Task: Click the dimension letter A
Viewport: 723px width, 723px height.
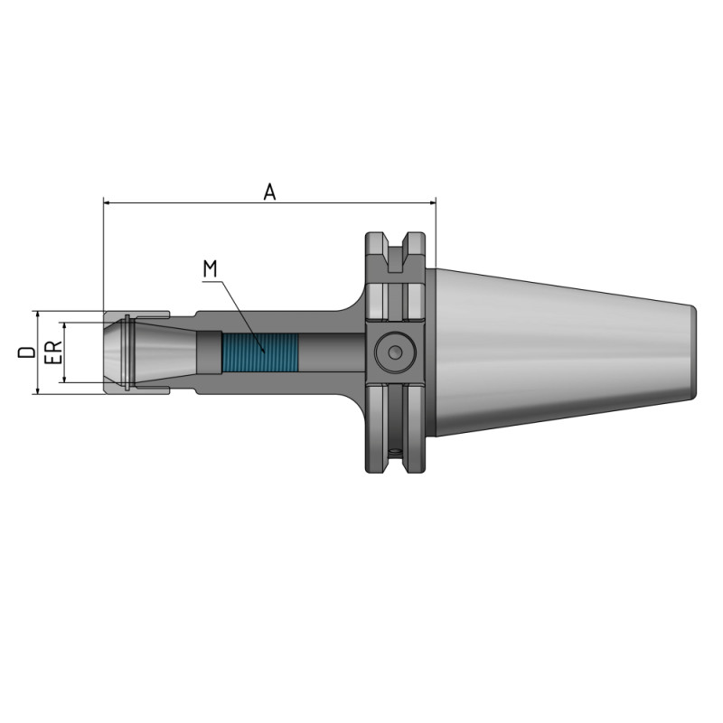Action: [x=268, y=191]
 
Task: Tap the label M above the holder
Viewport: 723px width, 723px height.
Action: [x=210, y=268]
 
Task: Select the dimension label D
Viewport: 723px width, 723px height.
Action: [x=27, y=352]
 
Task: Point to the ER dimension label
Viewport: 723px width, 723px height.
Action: [x=52, y=352]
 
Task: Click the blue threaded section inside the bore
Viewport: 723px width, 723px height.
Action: [x=259, y=352]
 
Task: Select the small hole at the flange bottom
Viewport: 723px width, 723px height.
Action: [x=395, y=451]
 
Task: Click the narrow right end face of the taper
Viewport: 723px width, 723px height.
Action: [x=694, y=352]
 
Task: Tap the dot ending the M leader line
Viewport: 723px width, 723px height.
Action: [x=264, y=351]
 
